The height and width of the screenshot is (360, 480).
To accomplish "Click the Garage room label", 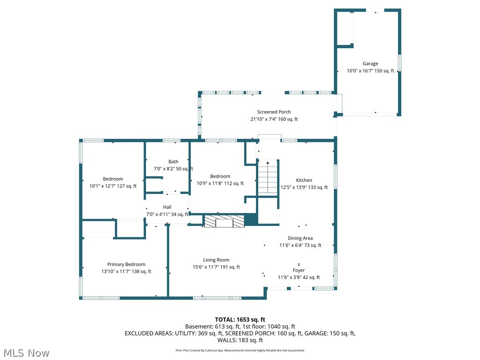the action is click(370, 64).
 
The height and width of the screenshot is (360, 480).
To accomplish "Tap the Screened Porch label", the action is click(274, 112).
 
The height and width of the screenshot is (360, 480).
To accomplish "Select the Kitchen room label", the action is click(304, 180).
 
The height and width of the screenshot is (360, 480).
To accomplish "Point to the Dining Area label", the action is click(300, 238).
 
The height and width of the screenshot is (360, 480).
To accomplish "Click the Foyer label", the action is click(299, 270).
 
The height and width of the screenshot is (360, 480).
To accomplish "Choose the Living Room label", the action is click(216, 260).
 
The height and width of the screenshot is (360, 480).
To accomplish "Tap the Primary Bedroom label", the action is click(126, 264).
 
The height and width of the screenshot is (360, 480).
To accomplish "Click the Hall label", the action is click(167, 207).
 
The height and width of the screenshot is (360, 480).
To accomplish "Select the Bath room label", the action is click(173, 162).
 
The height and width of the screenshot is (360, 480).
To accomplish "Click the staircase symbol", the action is click(268, 178).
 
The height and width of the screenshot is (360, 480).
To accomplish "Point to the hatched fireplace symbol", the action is click(225, 221).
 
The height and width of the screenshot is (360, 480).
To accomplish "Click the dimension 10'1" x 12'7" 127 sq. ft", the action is click(113, 186).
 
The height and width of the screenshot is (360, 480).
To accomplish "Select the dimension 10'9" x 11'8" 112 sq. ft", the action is click(220, 183).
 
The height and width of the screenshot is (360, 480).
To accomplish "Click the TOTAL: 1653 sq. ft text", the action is click(240, 320).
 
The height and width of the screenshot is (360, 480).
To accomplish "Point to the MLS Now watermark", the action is click(26, 353).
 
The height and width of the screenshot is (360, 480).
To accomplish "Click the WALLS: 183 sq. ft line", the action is click(240, 340).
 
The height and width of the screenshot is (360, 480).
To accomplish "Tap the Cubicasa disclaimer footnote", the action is click(240, 351).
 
